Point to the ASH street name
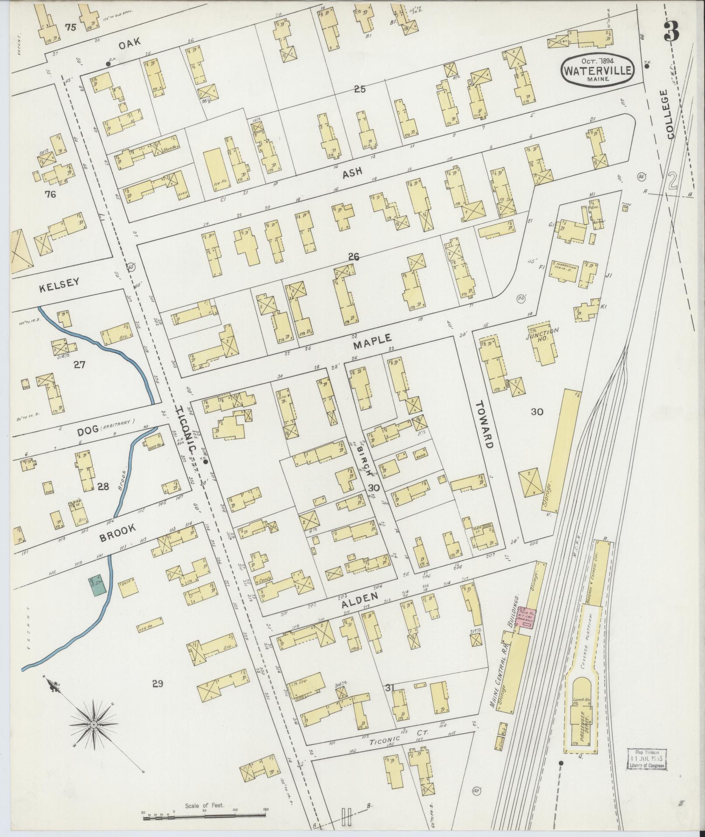352,172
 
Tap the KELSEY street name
59,283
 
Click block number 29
157,683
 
